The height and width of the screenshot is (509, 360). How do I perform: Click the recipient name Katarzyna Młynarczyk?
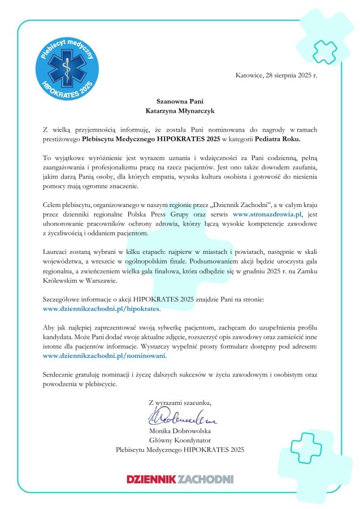[180, 111]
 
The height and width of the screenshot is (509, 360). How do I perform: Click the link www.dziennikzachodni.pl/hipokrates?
[102, 309]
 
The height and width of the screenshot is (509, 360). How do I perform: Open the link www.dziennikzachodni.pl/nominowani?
[105, 356]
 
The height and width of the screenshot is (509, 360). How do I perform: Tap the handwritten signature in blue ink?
[178, 420]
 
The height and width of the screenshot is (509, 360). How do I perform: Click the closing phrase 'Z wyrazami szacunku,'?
[180, 403]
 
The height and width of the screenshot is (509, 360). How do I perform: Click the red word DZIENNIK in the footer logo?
[151, 479]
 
